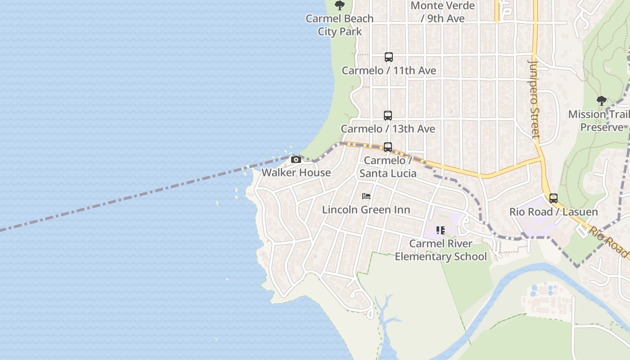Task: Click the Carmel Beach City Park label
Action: pyautogui.click(x=340, y=25)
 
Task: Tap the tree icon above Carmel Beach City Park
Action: pyautogui.click(x=340, y=5)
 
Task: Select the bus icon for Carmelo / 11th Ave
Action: pyautogui.click(x=389, y=57)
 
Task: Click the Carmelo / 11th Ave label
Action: pyautogui.click(x=389, y=71)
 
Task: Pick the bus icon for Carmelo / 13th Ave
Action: pyautogui.click(x=388, y=116)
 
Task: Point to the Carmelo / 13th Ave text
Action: pyautogui.click(x=388, y=129)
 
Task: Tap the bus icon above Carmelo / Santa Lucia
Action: pyautogui.click(x=388, y=147)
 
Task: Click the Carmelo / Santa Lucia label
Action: pyautogui.click(x=388, y=167)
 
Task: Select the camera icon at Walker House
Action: pyautogui.click(x=296, y=159)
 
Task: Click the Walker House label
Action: pyautogui.click(x=296, y=173)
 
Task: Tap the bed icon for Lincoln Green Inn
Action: pyautogui.click(x=366, y=196)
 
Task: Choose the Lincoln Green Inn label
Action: pyautogui.click(x=366, y=210)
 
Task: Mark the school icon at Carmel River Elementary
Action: pyautogui.click(x=441, y=230)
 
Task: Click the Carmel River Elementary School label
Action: pyautogui.click(x=441, y=250)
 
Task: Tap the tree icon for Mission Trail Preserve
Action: pyautogui.click(x=601, y=101)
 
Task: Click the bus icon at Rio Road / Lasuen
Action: pyautogui.click(x=553, y=198)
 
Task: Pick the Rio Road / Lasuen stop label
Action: pyautogui.click(x=553, y=212)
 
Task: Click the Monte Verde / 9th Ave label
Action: pyautogui.click(x=443, y=12)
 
